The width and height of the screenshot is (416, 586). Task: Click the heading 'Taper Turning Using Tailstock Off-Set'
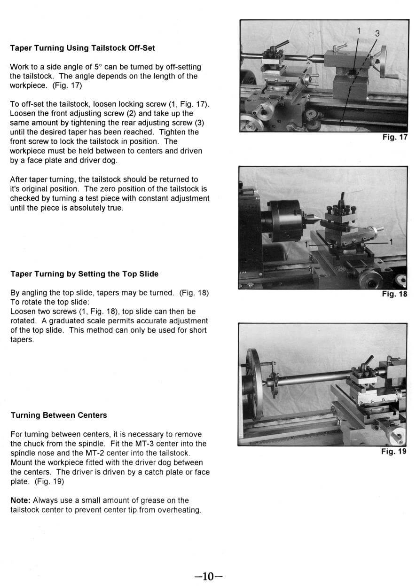click(82, 48)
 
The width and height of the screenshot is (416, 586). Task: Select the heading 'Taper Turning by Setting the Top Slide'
click(84, 274)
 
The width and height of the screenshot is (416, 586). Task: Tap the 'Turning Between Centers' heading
click(59, 415)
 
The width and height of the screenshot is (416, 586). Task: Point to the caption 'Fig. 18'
click(394, 294)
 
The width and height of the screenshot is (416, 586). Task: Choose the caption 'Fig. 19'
click(394, 452)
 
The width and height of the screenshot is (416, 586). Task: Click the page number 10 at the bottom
click(208, 577)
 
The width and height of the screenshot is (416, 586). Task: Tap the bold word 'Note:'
click(21, 500)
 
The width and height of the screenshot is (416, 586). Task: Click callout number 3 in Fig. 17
click(377, 33)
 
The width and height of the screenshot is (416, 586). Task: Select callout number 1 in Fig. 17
click(359, 31)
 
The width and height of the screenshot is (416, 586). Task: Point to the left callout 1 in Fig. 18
click(306, 244)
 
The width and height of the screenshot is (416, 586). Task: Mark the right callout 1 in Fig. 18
click(391, 242)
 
